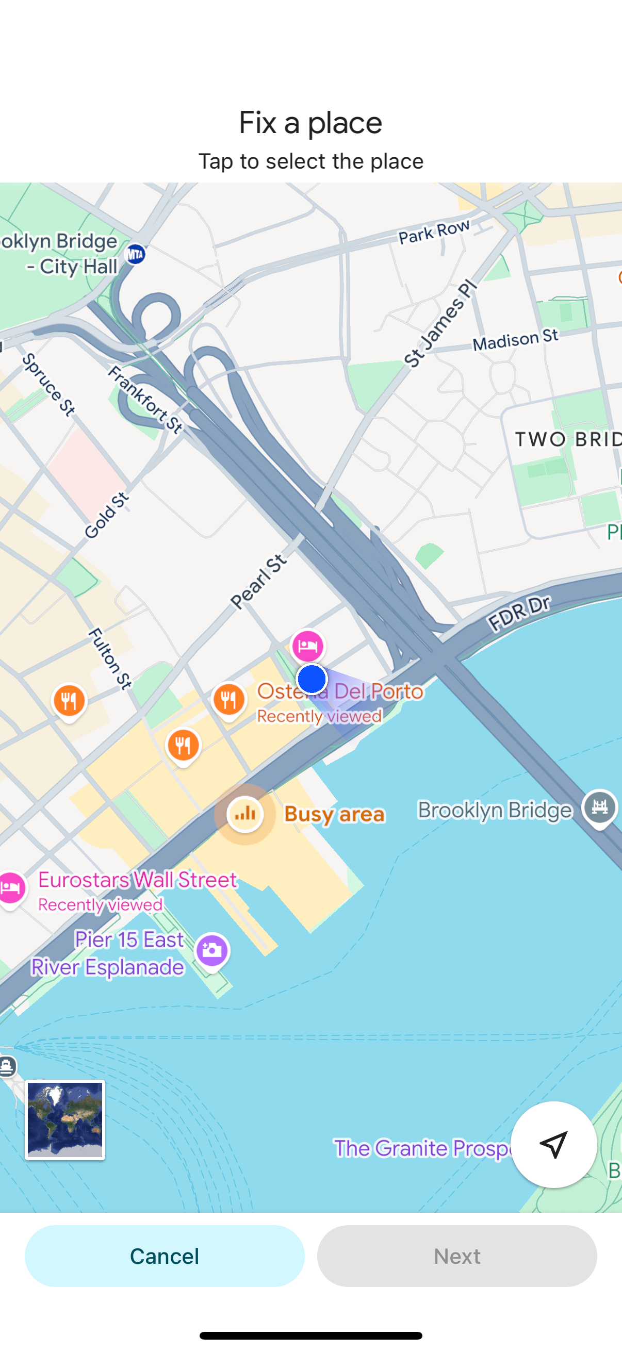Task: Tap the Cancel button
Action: pyautogui.click(x=165, y=1256)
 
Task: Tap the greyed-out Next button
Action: pyautogui.click(x=456, y=1256)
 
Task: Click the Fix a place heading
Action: pyautogui.click(x=310, y=123)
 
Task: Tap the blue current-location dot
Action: pyautogui.click(x=312, y=679)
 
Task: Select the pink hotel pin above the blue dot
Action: pyautogui.click(x=307, y=646)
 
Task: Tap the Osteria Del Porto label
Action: pyautogui.click(x=340, y=691)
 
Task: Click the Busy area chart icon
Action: pyautogui.click(x=245, y=814)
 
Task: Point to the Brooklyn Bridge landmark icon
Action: pyautogui.click(x=600, y=806)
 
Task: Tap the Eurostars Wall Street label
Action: pyautogui.click(x=138, y=880)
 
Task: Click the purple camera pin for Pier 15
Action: pyautogui.click(x=212, y=950)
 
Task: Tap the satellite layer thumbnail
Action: pyautogui.click(x=65, y=1119)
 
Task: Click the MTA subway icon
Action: pyautogui.click(x=136, y=255)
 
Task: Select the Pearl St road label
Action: pyautogui.click(x=259, y=582)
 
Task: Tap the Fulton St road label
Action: pyautogui.click(x=110, y=658)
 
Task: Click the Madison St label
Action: pyautogui.click(x=515, y=340)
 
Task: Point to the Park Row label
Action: pyautogui.click(x=434, y=232)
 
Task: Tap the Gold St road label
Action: pyautogui.click(x=106, y=516)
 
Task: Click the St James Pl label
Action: pyautogui.click(x=440, y=323)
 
